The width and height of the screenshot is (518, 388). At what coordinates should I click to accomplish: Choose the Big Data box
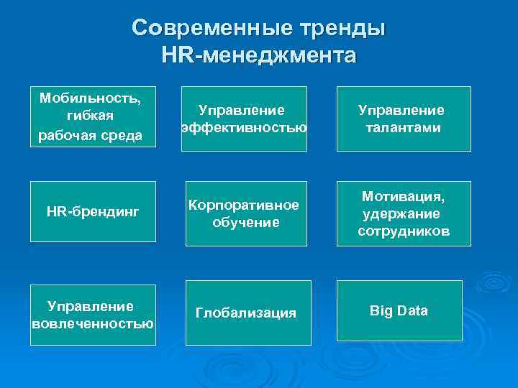(x=399, y=310)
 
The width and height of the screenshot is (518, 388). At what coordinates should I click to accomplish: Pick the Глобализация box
(x=245, y=313)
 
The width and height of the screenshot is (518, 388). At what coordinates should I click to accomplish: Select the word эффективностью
(x=244, y=128)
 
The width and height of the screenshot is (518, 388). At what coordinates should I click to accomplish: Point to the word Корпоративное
(x=243, y=205)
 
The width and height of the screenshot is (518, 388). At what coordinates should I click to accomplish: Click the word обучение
(x=245, y=223)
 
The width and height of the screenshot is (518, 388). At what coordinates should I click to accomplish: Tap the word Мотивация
(x=403, y=196)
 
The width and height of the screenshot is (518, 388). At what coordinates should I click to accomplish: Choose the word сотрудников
(x=403, y=231)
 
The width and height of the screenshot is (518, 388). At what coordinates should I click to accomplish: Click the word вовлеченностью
(x=93, y=323)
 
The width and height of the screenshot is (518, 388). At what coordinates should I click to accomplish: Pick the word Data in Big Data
(x=412, y=310)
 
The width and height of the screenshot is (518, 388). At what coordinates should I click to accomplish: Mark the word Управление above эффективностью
(x=242, y=110)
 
